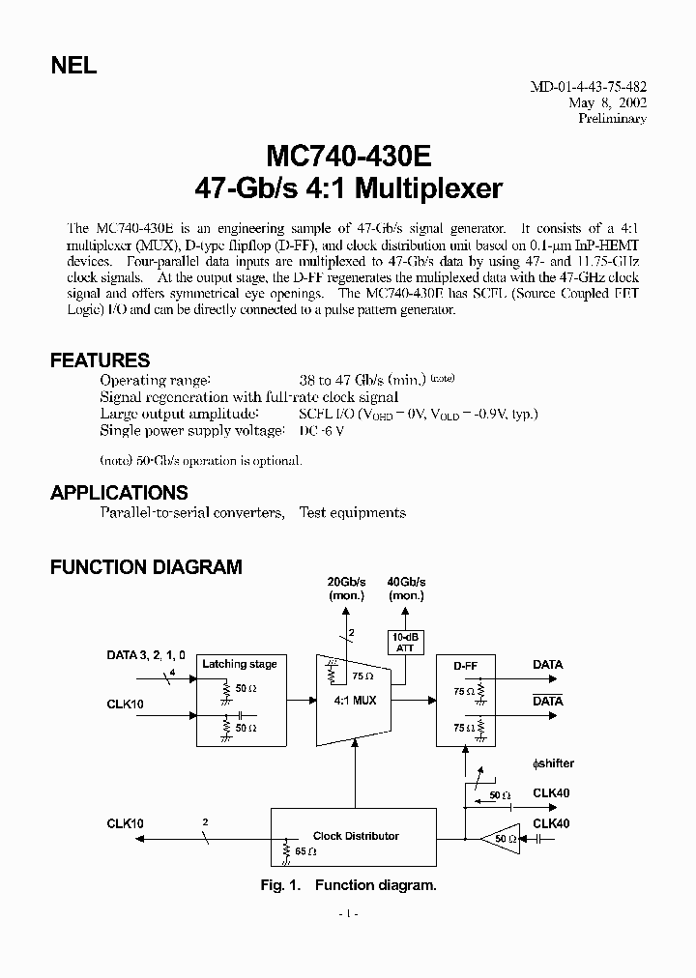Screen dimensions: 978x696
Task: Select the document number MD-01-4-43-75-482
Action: pyautogui.click(x=587, y=85)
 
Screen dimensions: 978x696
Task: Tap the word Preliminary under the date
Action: pyautogui.click(x=611, y=118)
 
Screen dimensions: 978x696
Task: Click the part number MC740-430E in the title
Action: pyautogui.click(x=348, y=157)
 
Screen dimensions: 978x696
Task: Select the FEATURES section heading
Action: pyautogui.click(x=100, y=360)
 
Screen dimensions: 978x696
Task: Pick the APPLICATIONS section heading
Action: pyautogui.click(x=119, y=493)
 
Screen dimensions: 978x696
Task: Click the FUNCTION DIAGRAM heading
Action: pyautogui.click(x=146, y=567)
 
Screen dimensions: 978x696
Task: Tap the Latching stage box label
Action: pyautogui.click(x=239, y=664)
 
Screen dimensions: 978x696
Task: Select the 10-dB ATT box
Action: pyautogui.click(x=404, y=643)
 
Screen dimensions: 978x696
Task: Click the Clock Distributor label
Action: pyautogui.click(x=356, y=836)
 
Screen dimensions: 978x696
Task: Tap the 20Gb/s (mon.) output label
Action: pyautogui.click(x=346, y=589)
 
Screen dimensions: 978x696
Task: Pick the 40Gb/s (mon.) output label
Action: pyautogui.click(x=405, y=589)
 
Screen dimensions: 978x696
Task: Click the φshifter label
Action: pyautogui.click(x=553, y=763)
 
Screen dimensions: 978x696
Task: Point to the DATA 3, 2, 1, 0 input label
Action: pyautogui.click(x=146, y=654)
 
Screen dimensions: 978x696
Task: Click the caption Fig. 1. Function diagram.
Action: pyautogui.click(x=348, y=885)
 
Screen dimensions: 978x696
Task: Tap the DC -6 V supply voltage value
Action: pyautogui.click(x=321, y=431)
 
